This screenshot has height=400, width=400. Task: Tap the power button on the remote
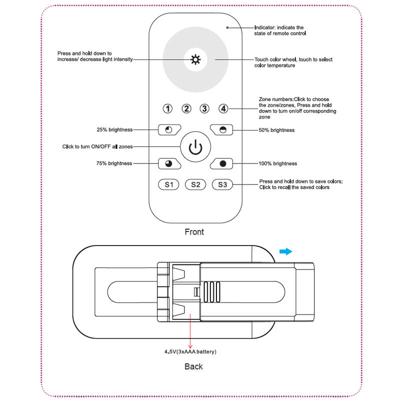tap(195, 147)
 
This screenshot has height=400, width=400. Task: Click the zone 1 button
tap(168, 108)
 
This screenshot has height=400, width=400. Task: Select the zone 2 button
tap(186, 108)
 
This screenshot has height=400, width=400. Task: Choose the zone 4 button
tap(223, 108)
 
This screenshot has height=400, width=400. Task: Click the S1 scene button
tap(169, 185)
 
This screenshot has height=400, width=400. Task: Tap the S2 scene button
tap(195, 185)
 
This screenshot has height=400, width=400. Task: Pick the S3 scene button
tap(222, 185)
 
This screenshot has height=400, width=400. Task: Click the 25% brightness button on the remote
tap(168, 130)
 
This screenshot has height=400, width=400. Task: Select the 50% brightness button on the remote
tap(222, 130)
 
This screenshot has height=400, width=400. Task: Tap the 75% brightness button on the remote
tap(168, 163)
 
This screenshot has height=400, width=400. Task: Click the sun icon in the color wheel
tap(195, 60)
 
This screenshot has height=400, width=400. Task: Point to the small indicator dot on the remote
tap(227, 27)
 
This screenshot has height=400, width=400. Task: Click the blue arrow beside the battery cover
tap(285, 251)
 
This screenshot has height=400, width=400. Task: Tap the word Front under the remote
tap(194, 232)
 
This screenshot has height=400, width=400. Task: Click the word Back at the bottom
tap(193, 366)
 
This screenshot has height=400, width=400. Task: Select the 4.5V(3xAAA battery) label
tap(190, 352)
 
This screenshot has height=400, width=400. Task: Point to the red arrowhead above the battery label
tap(190, 345)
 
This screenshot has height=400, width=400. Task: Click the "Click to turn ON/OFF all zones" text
tap(97, 147)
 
